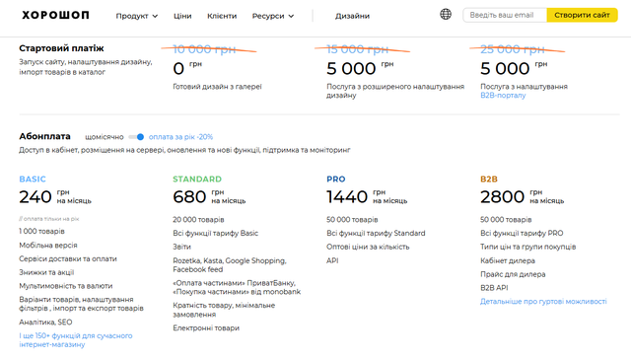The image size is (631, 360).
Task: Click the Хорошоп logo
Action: tap(55, 16)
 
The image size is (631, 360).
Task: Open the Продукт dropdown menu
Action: tap(136, 16)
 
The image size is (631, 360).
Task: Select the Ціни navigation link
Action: tap(182, 16)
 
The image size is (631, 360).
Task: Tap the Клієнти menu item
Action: tap(222, 16)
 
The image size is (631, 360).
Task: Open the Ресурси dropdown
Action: tap(273, 16)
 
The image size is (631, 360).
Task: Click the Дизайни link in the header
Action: tap(352, 16)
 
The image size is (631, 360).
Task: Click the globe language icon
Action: tap(446, 15)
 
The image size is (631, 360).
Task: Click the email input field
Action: tap(505, 16)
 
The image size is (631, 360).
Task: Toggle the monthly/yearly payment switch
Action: tap(136, 137)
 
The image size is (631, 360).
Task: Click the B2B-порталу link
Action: tap(503, 96)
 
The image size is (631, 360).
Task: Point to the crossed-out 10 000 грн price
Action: tap(204, 49)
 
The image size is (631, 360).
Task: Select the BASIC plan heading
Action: tap(33, 180)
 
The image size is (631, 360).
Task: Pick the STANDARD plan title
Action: tap(197, 180)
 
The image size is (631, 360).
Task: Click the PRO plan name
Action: tap(336, 180)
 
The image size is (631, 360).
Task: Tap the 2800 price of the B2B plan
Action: tap(502, 197)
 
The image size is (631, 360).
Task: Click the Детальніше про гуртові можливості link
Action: tap(543, 302)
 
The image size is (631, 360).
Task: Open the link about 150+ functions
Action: tap(76, 340)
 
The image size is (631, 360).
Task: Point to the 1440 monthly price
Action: tap(347, 197)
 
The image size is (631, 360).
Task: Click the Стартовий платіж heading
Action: tap(61, 48)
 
